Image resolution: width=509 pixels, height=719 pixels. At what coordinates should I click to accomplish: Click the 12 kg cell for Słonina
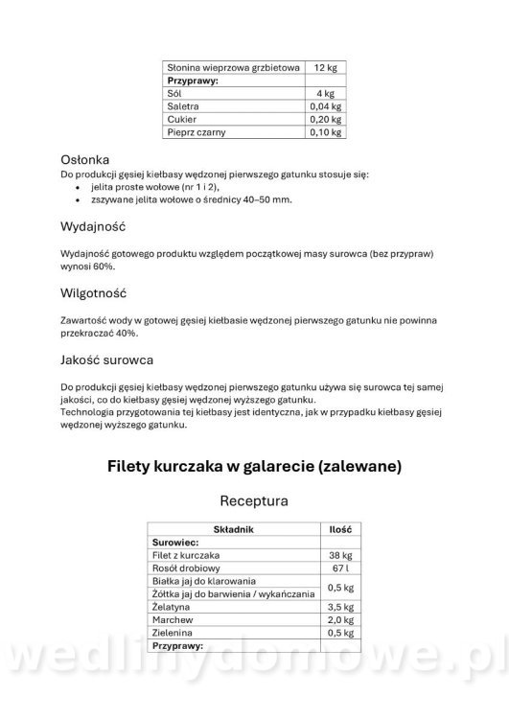coord(325,68)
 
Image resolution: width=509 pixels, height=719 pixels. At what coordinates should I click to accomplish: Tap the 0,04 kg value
coord(325,106)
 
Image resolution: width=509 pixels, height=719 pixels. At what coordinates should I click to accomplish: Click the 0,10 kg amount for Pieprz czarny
coord(325,132)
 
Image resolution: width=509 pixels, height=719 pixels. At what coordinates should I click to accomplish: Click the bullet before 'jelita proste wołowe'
coord(78,187)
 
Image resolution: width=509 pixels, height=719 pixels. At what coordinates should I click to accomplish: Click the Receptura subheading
coord(254,500)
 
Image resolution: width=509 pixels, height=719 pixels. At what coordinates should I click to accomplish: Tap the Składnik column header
coord(233,529)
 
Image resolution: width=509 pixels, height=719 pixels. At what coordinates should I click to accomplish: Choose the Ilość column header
coord(339,529)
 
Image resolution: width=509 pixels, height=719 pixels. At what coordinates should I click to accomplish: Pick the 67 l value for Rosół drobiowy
coord(339,568)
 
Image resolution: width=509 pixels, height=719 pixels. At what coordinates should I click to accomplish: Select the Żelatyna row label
coord(173,608)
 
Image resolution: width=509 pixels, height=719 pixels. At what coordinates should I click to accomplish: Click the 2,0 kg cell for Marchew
coord(339,621)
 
